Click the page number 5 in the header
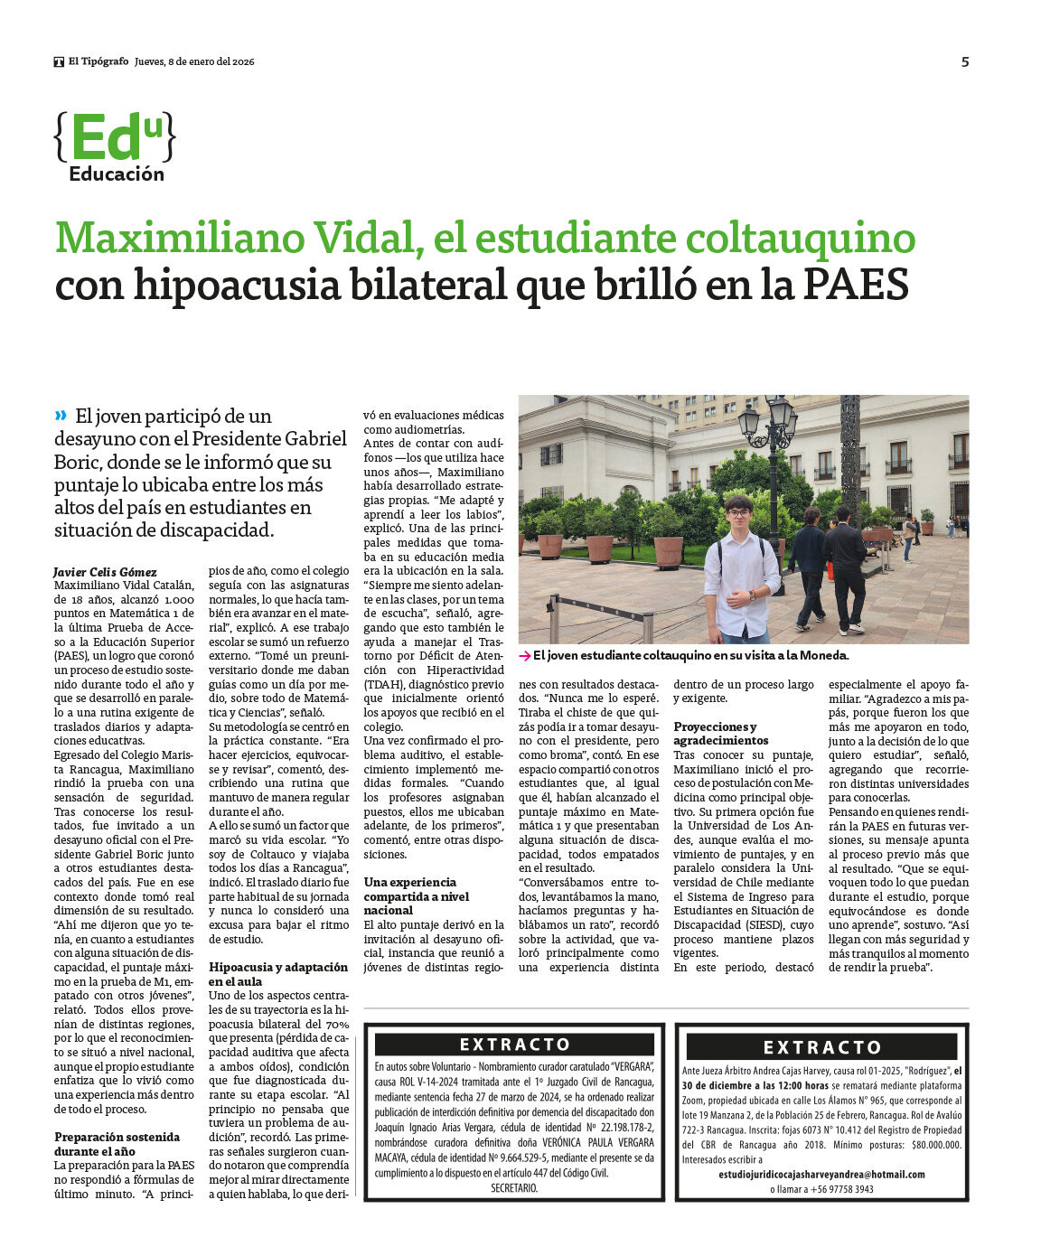click(x=965, y=61)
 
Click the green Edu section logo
click(x=115, y=137)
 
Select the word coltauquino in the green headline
click(x=796, y=238)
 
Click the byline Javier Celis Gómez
click(x=105, y=572)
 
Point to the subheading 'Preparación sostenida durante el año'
click(x=117, y=1144)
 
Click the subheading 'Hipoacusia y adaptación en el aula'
click(x=277, y=974)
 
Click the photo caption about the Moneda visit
click(x=690, y=656)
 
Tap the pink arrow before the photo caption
click(x=524, y=656)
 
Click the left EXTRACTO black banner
click(x=514, y=1045)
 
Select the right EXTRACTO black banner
click(x=821, y=1047)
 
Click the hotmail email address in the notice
click(x=821, y=1175)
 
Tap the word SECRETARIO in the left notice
click(x=514, y=1188)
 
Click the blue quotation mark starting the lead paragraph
click(x=61, y=416)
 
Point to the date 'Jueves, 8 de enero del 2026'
click(x=194, y=61)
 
